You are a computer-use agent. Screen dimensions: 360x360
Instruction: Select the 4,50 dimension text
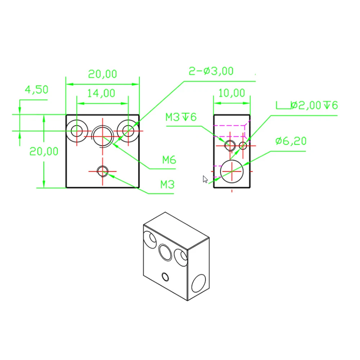coord(36,89)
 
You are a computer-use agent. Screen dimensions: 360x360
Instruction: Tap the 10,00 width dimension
coord(232,93)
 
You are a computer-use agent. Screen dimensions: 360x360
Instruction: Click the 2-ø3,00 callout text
coord(211,71)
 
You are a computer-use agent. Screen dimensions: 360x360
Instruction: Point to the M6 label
coord(168,160)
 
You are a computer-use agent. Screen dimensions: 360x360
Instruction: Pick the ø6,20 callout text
coord(291,141)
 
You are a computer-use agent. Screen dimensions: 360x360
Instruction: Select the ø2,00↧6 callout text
coord(314,105)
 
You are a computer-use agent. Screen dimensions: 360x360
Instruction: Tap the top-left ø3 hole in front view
coord(77,130)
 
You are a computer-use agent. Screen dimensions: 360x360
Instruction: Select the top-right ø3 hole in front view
coord(128,130)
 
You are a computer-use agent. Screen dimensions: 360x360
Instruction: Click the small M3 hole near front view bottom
coord(103,171)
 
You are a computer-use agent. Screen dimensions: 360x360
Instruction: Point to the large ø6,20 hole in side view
coord(232,171)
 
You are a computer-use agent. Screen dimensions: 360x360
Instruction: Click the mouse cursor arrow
coord(205,179)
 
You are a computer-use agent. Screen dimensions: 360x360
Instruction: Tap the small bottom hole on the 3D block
coord(166,277)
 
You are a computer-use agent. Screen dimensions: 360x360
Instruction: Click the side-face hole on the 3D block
coord(198,283)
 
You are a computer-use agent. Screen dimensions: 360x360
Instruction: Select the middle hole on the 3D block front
coord(166,252)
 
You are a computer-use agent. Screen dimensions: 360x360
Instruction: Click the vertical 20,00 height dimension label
coord(44,151)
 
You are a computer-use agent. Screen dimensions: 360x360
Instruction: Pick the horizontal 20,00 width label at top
coord(103,74)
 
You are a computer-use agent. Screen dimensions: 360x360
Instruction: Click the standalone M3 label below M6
coord(167,185)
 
